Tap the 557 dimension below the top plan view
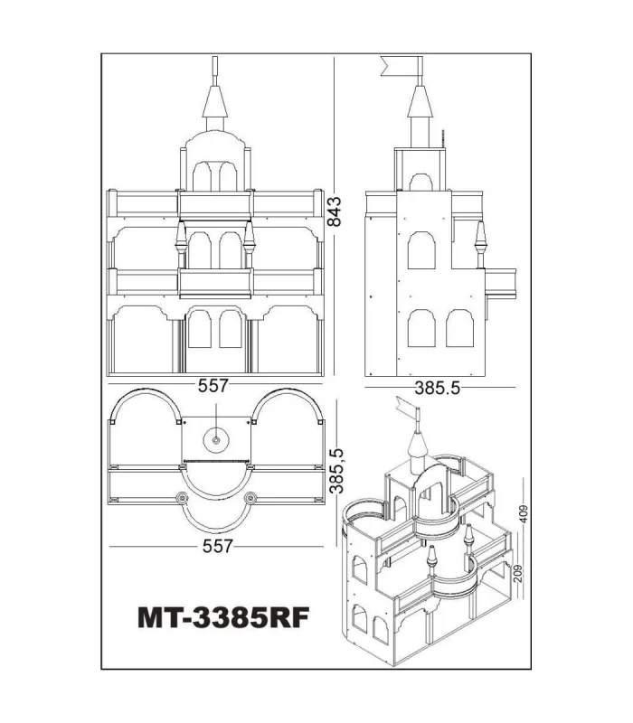click(216, 546)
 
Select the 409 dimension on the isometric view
click(524, 513)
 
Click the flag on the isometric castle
click(406, 412)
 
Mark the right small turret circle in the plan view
click(250, 497)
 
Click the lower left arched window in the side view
click(420, 330)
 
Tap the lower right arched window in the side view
click(458, 330)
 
